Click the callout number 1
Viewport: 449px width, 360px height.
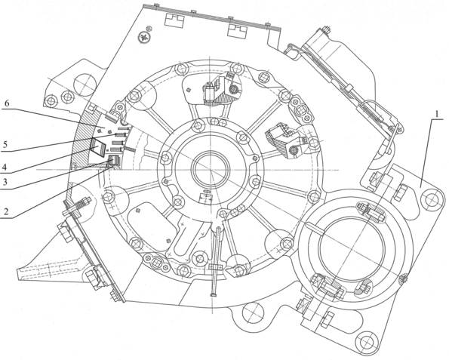(x=437, y=114)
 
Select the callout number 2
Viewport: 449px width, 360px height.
(x=5, y=211)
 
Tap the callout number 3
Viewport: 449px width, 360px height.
(x=5, y=183)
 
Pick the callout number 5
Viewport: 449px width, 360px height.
(x=5, y=145)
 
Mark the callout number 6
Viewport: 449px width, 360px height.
(x=7, y=103)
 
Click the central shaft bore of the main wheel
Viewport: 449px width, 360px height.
(x=211, y=170)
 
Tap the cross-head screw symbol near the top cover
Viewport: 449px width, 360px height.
(x=143, y=37)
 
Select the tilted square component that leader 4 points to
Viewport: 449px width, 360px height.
(x=98, y=146)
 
